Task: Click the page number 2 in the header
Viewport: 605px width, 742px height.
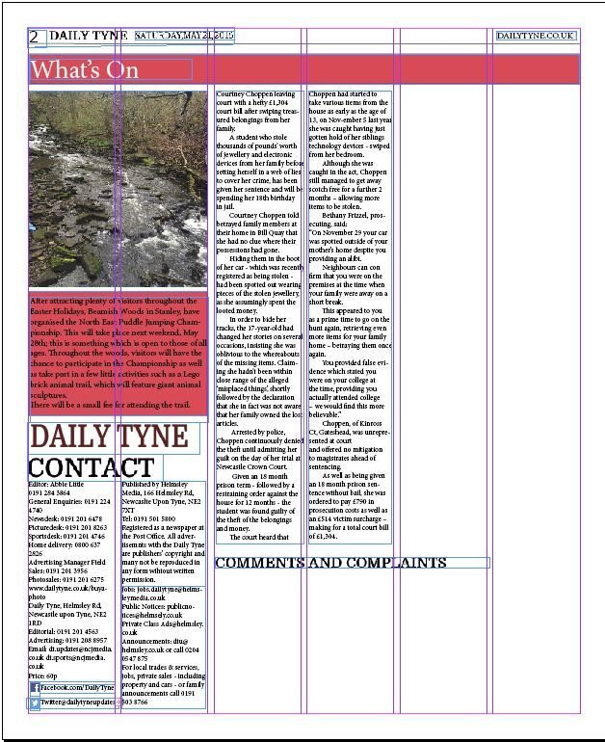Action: pos(35,38)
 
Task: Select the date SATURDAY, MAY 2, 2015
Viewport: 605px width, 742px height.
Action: pos(184,36)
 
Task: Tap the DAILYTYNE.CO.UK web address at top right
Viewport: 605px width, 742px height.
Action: pos(537,36)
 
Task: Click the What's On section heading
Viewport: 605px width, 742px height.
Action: pos(85,69)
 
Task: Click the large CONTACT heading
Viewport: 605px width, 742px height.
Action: pos(91,468)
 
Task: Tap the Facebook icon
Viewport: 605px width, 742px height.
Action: pos(35,687)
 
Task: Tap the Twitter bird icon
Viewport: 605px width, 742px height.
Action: pos(35,703)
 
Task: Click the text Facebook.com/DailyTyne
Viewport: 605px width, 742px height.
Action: pos(78,687)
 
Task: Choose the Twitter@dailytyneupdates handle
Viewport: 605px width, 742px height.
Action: pos(83,703)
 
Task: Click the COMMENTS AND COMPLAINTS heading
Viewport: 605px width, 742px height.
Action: pos(330,563)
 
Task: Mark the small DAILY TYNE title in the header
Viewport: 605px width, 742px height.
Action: pos(88,36)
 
